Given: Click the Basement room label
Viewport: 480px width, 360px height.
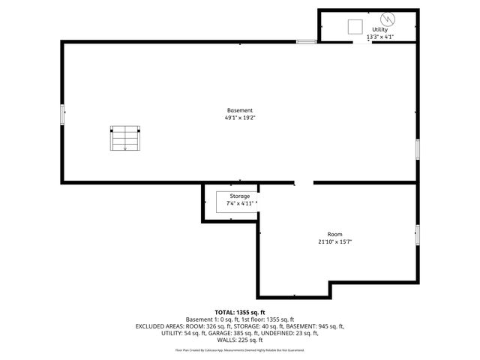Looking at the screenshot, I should point(240,110).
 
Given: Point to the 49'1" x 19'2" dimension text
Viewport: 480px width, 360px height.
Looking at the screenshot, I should point(240,118).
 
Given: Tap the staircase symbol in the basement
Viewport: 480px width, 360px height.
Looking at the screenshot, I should point(125,138).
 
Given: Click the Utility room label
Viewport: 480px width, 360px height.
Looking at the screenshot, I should point(379,29).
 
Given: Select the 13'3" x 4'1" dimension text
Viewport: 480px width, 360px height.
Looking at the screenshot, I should point(379,37).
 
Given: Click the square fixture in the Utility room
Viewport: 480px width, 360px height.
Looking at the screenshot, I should point(355,26).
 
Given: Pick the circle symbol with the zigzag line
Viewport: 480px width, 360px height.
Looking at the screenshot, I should point(388,18).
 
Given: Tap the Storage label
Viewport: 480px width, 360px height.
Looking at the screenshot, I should point(240,196).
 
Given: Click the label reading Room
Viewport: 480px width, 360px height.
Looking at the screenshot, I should point(334,234).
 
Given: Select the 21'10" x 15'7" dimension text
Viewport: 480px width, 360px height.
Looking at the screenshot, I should point(334,241).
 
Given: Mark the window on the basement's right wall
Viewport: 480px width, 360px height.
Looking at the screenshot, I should point(418,148).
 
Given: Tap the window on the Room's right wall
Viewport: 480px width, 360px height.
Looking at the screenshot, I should point(418,234).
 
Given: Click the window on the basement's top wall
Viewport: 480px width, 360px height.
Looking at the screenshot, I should point(305,42).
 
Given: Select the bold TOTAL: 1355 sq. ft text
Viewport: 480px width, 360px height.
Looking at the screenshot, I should point(240,312).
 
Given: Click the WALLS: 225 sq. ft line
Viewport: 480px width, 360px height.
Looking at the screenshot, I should point(240,340).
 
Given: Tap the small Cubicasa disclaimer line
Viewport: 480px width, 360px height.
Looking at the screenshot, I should point(240,349).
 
